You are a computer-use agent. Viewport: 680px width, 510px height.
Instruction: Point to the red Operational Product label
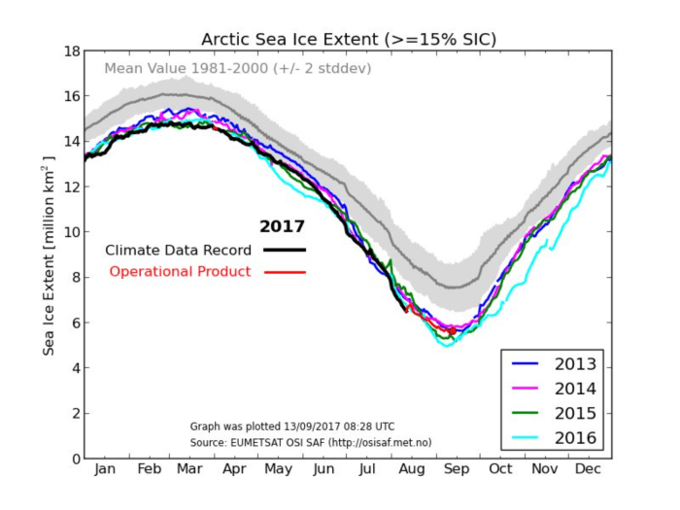180,271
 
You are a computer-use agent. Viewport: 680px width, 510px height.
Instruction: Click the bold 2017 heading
282,227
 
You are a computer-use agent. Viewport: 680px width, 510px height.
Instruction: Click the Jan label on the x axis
105,470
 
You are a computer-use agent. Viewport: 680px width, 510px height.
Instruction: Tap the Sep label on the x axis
457,470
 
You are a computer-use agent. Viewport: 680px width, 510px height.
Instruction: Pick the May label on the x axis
280,470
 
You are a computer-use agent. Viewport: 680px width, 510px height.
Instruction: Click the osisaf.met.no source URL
379,442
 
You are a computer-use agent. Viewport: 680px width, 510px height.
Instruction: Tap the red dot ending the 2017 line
453,331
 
